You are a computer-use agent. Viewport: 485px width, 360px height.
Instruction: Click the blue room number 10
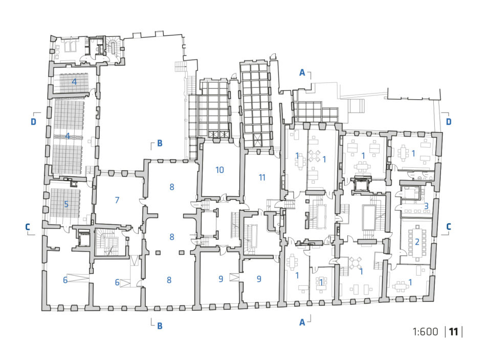point(219,170)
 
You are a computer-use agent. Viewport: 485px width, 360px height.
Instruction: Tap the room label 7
point(117,200)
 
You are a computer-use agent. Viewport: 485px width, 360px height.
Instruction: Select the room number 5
point(66,204)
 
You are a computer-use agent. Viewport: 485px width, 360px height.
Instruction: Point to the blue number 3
point(426,206)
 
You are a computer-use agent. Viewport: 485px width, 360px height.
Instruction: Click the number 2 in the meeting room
point(417,241)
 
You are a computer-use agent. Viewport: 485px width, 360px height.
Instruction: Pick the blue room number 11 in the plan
point(262,177)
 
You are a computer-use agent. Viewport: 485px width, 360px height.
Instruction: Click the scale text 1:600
point(425,332)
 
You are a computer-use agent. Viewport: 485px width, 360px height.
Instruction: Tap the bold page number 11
point(453,332)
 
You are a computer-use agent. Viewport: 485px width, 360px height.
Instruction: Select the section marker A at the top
point(302,73)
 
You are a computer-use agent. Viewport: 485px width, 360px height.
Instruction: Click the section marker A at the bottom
point(302,323)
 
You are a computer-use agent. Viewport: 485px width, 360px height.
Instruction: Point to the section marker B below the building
point(160,326)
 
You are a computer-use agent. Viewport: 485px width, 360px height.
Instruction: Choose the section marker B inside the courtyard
point(160,143)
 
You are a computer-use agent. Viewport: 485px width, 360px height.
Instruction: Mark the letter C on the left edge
point(28,227)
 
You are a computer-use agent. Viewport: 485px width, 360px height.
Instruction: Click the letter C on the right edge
point(449,227)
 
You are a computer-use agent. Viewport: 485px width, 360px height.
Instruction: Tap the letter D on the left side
point(33,122)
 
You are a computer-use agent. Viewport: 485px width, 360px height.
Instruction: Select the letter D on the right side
point(449,122)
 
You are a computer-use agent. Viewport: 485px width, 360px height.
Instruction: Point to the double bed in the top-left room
point(70,47)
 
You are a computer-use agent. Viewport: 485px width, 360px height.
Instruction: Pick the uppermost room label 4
point(74,82)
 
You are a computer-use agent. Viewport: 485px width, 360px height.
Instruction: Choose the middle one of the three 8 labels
point(172,237)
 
